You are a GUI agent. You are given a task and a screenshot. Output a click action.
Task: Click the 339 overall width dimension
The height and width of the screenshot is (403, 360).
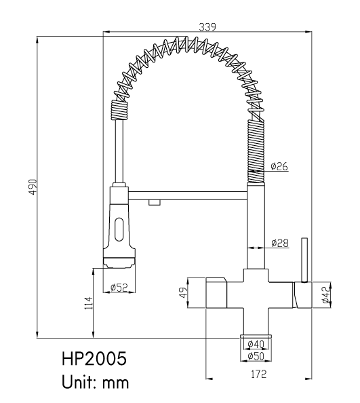pos(207,26)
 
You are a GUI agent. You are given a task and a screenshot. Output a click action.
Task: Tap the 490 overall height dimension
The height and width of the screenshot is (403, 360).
pos(33,187)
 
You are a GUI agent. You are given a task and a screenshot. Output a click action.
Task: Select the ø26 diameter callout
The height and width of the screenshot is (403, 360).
pos(279,166)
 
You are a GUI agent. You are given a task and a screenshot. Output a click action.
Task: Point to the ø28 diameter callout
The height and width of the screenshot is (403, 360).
pos(280,243)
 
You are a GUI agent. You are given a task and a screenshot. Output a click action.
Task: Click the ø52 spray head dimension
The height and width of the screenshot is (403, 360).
pos(119,288)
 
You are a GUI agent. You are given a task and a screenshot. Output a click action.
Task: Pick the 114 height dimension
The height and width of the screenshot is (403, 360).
pos(89,303)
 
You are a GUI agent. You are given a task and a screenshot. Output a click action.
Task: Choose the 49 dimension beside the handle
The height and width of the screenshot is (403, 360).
pos(183,292)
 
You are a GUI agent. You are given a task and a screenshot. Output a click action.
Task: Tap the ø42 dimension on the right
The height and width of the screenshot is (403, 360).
pos(325,295)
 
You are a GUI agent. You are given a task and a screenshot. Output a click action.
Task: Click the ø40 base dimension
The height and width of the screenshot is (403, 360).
pos(256,343)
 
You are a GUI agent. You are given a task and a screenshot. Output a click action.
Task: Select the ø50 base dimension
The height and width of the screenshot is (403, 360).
pos(256,356)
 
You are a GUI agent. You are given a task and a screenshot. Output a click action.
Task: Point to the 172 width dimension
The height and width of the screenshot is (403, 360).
pos(259,374)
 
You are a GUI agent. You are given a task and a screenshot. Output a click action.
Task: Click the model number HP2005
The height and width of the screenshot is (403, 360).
pos(94,359)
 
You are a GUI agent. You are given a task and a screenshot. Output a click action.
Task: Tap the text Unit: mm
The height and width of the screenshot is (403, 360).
pos(95,382)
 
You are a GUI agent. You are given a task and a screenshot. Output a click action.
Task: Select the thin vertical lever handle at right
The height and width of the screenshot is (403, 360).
pos(304,260)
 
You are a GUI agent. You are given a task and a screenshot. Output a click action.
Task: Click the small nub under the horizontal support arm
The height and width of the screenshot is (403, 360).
pos(155,203)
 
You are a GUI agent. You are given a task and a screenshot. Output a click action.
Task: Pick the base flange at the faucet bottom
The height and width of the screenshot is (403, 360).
pos(256,337)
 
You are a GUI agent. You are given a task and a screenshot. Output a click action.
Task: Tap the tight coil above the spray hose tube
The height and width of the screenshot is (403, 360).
pos(119,111)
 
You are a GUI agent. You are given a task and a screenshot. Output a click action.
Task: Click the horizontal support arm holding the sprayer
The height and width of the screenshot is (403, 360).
pos(187,195)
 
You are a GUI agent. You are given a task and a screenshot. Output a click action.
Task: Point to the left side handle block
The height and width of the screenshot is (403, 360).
pos(216,292)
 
